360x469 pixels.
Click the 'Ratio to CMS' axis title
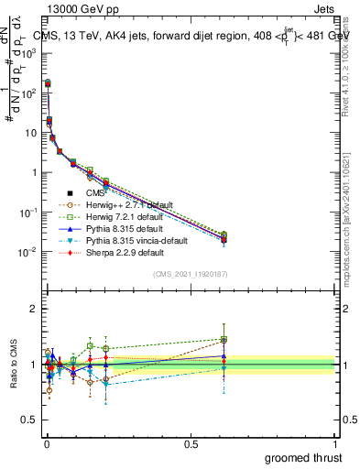tap(13, 365)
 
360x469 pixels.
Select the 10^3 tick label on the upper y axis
tap(27, 53)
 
